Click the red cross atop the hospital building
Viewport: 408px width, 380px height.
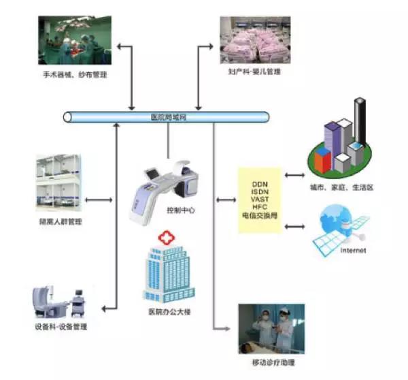(x=164, y=238)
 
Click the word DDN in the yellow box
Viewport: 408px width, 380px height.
(x=260, y=185)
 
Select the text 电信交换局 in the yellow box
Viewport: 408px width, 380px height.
(x=260, y=215)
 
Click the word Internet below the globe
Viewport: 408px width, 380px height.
(x=352, y=251)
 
